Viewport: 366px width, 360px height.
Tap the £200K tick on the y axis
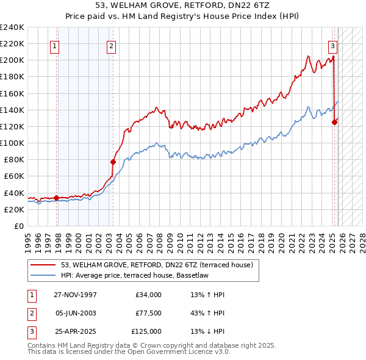[12, 60]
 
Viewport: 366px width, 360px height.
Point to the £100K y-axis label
[12, 143]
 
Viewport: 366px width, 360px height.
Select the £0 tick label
[19, 226]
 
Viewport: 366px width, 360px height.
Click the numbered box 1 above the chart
[55, 45]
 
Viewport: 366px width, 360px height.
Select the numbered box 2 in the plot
[112, 45]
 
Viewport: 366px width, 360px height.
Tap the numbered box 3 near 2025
[332, 45]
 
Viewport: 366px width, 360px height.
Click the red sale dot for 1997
[57, 198]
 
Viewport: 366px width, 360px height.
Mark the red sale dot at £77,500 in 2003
[113, 162]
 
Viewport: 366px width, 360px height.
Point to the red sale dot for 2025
[334, 122]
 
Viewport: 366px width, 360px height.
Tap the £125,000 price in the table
[146, 331]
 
